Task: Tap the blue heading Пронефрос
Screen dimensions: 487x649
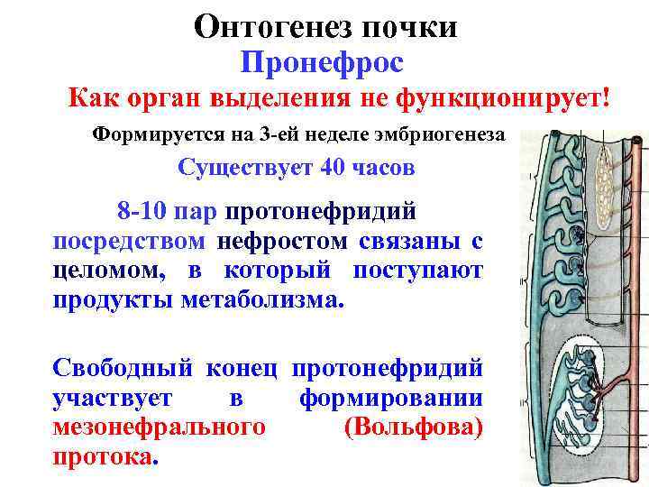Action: [322, 63]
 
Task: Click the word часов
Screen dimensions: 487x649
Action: [383, 168]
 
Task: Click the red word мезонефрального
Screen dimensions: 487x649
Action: [159, 427]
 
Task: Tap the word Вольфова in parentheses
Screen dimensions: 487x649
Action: [413, 427]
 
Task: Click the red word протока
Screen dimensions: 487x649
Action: [105, 455]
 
